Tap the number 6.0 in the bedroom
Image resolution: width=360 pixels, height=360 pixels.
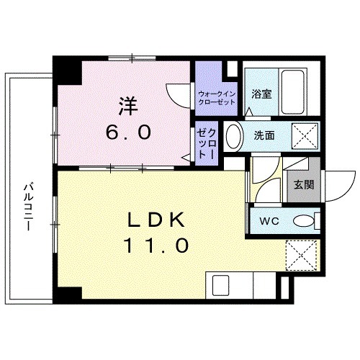click(x=130, y=132)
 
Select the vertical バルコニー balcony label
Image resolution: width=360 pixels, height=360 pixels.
click(x=27, y=206)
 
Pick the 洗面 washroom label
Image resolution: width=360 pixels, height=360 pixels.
click(x=263, y=135)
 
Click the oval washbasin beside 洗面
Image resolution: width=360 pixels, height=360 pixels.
click(x=233, y=135)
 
